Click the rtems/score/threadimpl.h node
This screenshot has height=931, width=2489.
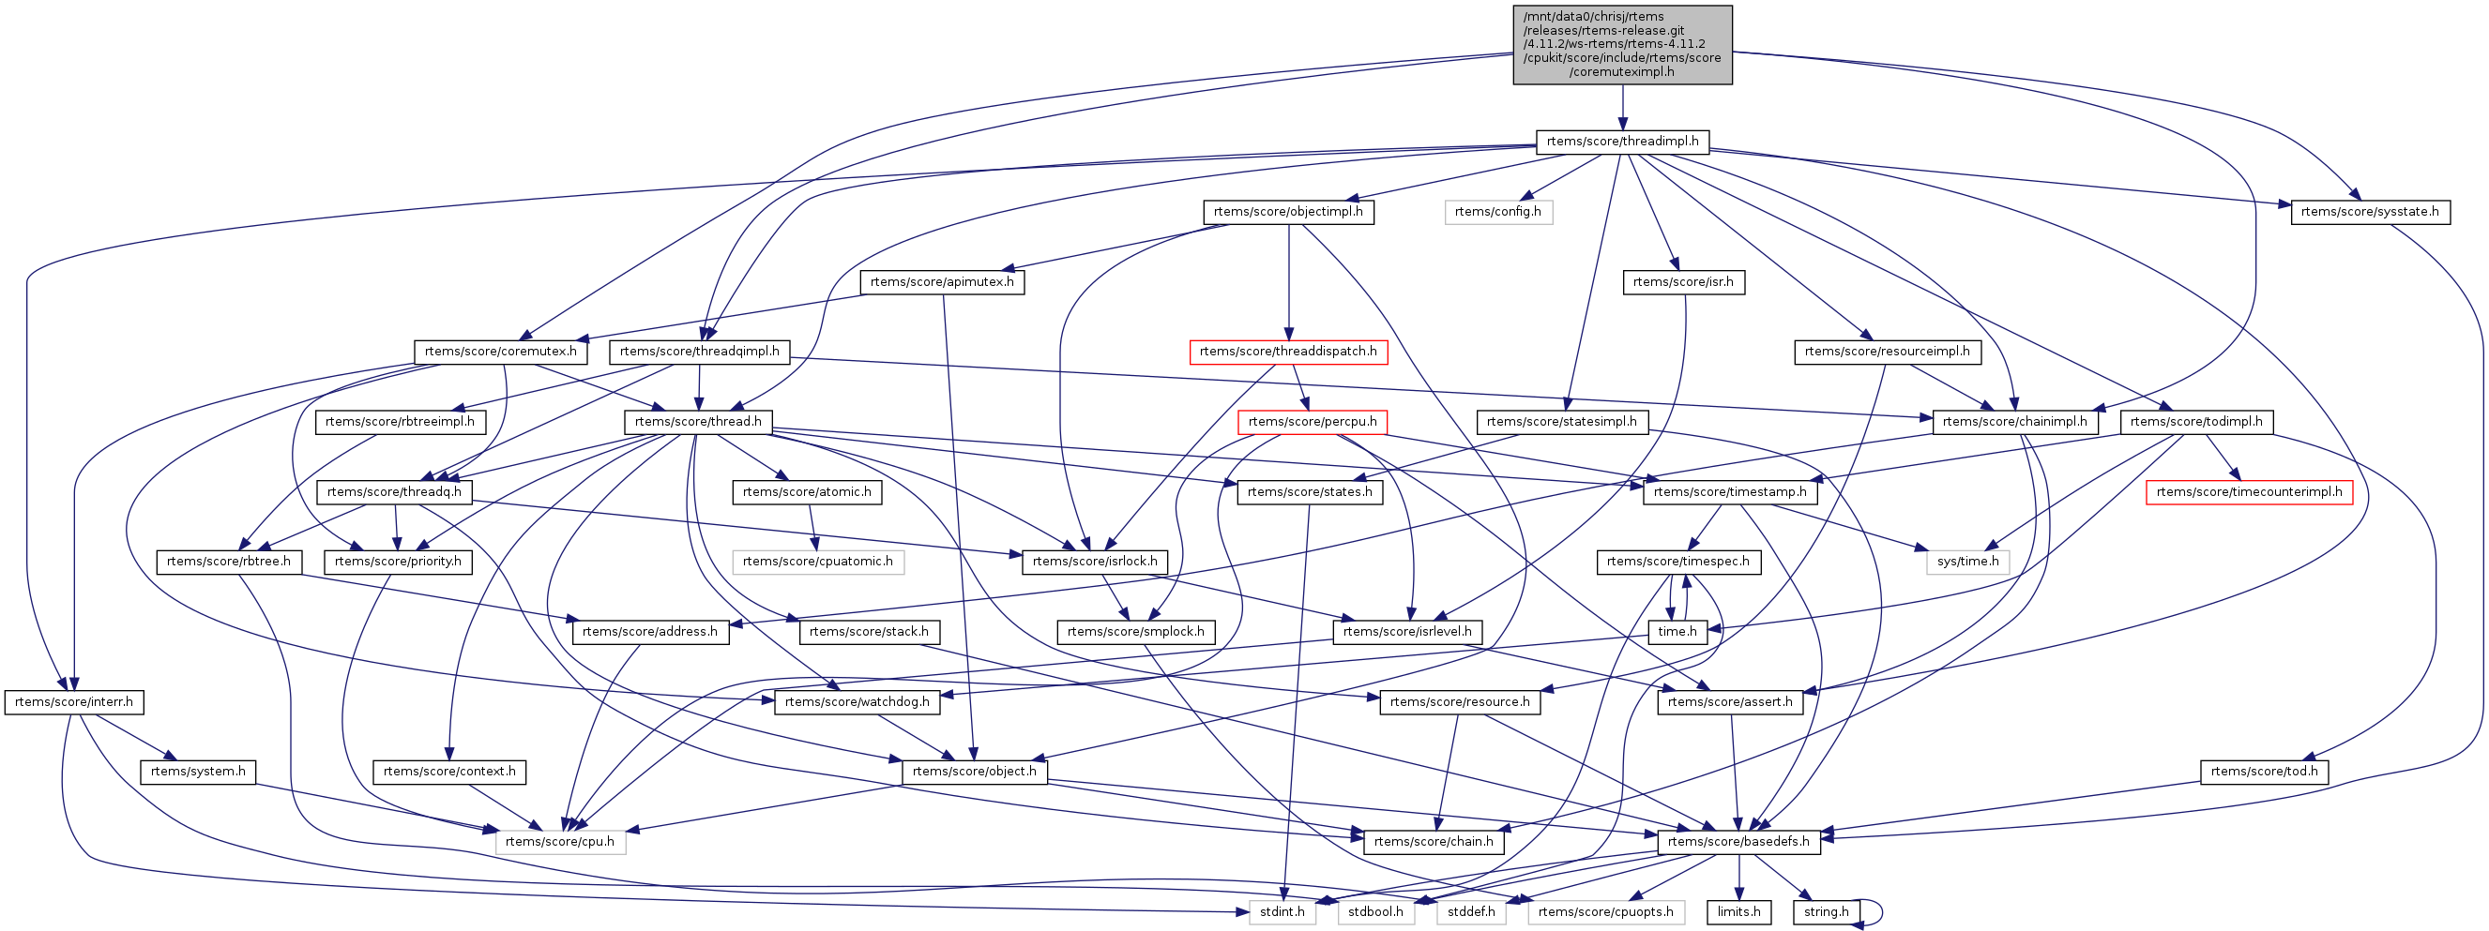(1622, 142)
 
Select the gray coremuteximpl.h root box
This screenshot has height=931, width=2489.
(1622, 44)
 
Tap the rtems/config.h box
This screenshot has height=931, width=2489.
(1497, 213)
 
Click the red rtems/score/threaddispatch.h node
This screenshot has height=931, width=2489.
(1288, 352)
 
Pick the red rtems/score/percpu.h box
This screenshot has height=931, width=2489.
(1313, 422)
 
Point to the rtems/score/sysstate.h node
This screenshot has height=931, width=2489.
(2369, 213)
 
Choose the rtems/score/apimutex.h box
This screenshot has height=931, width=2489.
(942, 282)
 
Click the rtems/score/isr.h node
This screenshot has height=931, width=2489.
(1683, 282)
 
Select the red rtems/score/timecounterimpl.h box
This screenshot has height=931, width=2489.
(2249, 492)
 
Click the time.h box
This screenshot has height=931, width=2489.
(1677, 633)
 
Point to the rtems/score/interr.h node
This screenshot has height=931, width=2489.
(74, 702)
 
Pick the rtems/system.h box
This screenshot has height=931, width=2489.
(198, 772)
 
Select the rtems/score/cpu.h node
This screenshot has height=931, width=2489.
(559, 842)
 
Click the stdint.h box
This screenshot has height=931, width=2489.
(1282, 911)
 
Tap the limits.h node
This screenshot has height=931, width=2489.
(1739, 911)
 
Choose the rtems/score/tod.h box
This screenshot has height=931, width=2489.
(2264, 772)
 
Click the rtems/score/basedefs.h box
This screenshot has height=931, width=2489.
(1738, 842)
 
